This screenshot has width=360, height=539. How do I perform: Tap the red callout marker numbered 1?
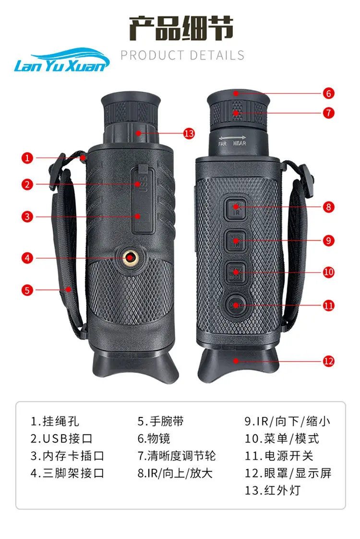click(28, 157)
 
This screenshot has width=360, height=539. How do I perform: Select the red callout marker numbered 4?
click(28, 258)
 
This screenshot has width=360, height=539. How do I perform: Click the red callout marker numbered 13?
click(189, 134)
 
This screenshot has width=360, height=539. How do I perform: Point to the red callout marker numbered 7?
click(328, 113)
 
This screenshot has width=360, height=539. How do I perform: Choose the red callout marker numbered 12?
click(328, 361)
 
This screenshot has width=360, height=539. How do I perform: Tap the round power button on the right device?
click(235, 305)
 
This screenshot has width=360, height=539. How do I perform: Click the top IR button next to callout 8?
click(236, 208)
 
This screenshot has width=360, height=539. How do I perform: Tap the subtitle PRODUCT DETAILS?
click(182, 55)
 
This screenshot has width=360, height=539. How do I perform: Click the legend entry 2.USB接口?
click(61, 438)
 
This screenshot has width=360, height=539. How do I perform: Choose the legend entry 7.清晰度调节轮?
click(177, 455)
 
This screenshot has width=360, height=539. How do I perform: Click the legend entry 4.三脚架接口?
click(67, 473)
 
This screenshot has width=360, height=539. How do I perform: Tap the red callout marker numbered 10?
click(328, 272)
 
